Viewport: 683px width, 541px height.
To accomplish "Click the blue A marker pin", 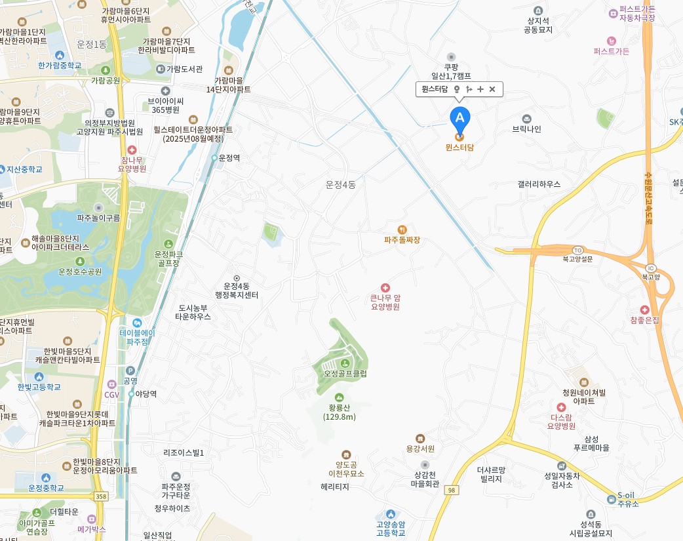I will tap(459, 119).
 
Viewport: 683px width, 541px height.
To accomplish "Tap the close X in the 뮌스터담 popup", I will tap(492, 89).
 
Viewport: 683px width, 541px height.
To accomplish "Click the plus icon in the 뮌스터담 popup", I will tap(480, 89).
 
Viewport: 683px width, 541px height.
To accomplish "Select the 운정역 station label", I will tap(229, 158).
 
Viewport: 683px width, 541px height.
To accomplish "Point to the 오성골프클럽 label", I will tap(345, 373).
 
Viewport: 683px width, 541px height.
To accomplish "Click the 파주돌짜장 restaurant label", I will tap(402, 239).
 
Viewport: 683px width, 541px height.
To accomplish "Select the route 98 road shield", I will tap(451, 490).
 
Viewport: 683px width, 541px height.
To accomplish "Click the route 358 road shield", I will tap(100, 497).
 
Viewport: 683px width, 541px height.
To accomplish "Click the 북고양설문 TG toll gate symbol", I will tap(577, 250).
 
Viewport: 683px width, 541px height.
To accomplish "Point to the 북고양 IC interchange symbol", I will tap(651, 268).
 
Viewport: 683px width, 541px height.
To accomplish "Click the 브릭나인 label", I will tap(526, 129).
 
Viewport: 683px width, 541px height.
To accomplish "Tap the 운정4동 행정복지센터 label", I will tap(237, 291).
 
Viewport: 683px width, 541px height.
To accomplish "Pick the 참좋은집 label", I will tap(646, 319).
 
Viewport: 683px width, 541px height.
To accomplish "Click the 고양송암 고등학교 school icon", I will tap(391, 514).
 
